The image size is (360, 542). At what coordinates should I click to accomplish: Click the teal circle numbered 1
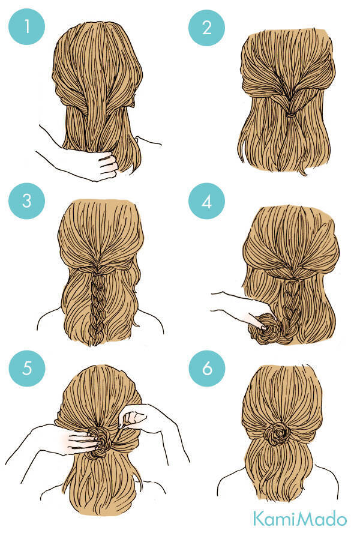pos(26,26)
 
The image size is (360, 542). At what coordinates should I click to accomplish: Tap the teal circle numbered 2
pos(206,28)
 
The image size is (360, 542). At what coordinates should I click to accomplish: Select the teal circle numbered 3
pos(26,201)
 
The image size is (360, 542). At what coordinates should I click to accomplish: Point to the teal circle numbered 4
pos(206,201)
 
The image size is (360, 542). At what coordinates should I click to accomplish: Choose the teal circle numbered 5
pos(27,369)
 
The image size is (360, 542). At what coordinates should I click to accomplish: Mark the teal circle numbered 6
pos(207,369)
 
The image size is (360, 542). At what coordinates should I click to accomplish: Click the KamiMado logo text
pos(299,519)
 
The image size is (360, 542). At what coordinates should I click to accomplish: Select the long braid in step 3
pos(98,308)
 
